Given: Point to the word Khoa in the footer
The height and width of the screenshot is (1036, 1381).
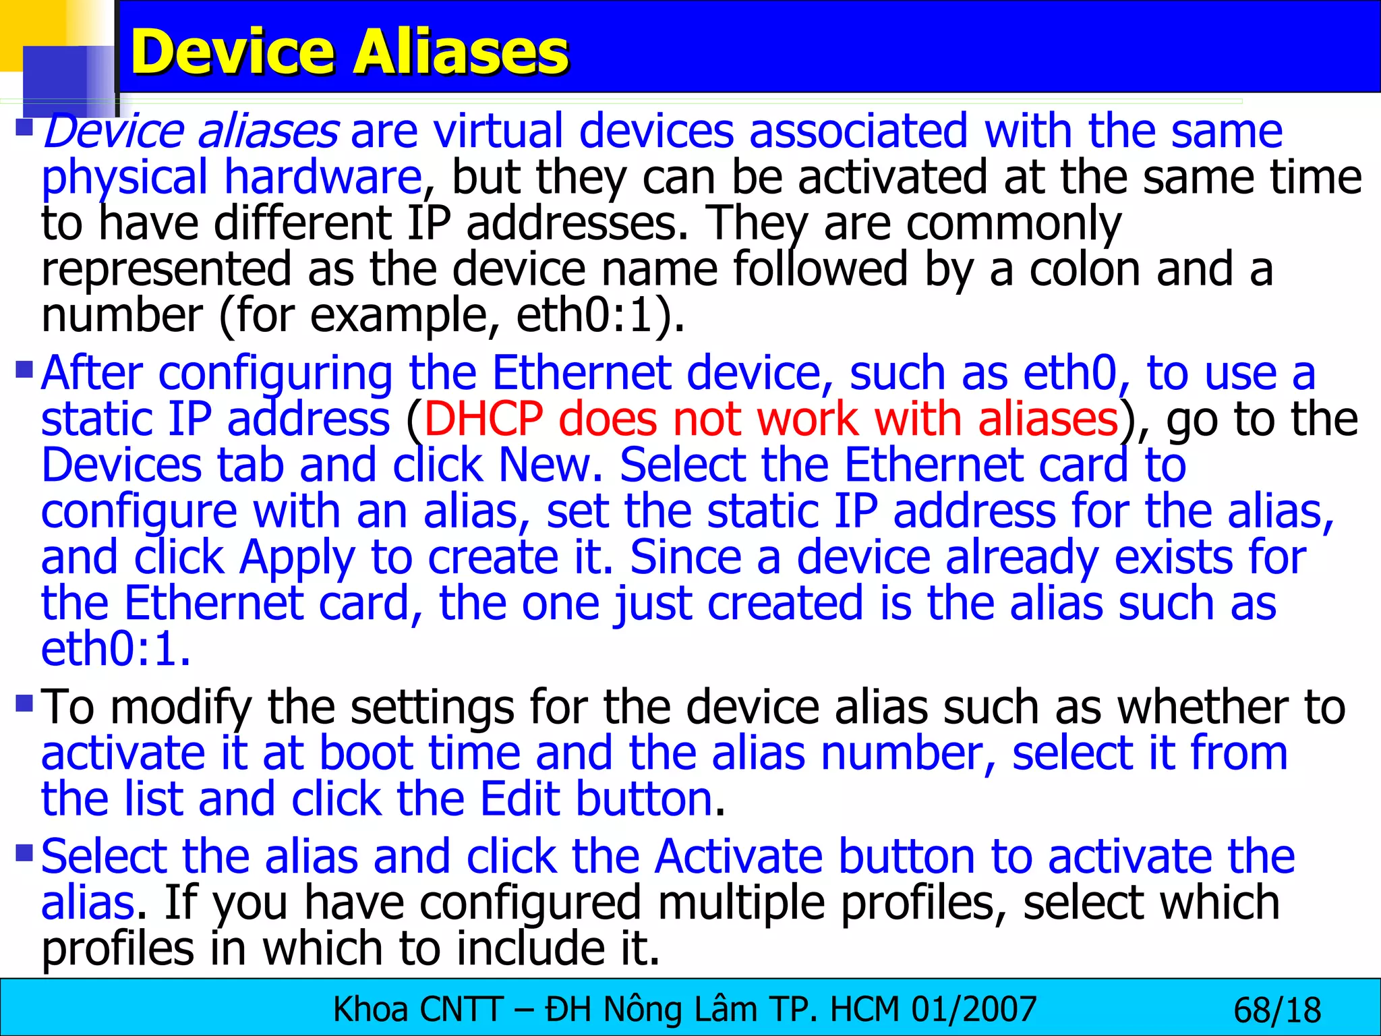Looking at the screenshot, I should pyautogui.click(x=370, y=1010).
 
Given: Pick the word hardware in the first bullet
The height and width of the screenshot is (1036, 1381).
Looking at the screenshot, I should pyautogui.click(x=323, y=177).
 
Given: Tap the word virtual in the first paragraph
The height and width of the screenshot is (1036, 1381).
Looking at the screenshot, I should pyautogui.click(x=498, y=131).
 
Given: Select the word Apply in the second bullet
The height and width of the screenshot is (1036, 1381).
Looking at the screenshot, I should pyautogui.click(x=297, y=559).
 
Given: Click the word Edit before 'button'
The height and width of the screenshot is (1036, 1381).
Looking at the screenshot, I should pyautogui.click(x=519, y=799).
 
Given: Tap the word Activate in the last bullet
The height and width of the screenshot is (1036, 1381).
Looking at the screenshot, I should pyautogui.click(x=738, y=857).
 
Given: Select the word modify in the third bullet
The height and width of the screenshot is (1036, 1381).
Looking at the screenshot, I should pyautogui.click(x=181, y=708).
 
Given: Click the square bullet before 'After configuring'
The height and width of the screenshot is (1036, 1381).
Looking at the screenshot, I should pyautogui.click(x=24, y=370).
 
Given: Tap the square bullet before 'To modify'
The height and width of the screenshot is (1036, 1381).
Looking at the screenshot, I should pyautogui.click(x=24, y=704).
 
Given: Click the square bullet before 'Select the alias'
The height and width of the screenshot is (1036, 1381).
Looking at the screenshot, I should pyautogui.click(x=24, y=853).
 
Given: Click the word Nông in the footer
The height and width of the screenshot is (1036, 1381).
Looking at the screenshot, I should pyautogui.click(x=640, y=1010).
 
